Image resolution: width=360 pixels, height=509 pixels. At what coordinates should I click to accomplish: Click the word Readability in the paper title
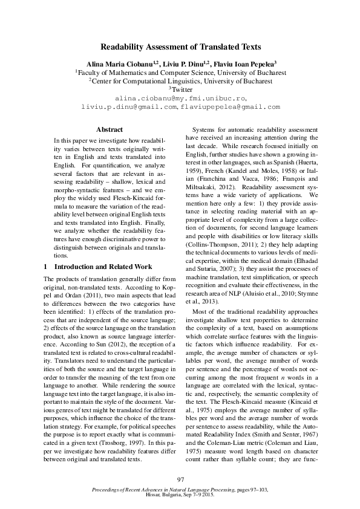[123, 47]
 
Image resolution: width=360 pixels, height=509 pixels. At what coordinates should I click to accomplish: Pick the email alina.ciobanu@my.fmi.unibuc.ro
[180, 97]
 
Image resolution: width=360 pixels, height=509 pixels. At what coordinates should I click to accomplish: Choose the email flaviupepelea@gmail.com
[230, 106]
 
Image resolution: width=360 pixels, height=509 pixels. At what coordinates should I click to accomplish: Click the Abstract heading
[110, 129]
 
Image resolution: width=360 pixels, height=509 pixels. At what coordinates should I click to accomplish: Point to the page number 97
[180, 479]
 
